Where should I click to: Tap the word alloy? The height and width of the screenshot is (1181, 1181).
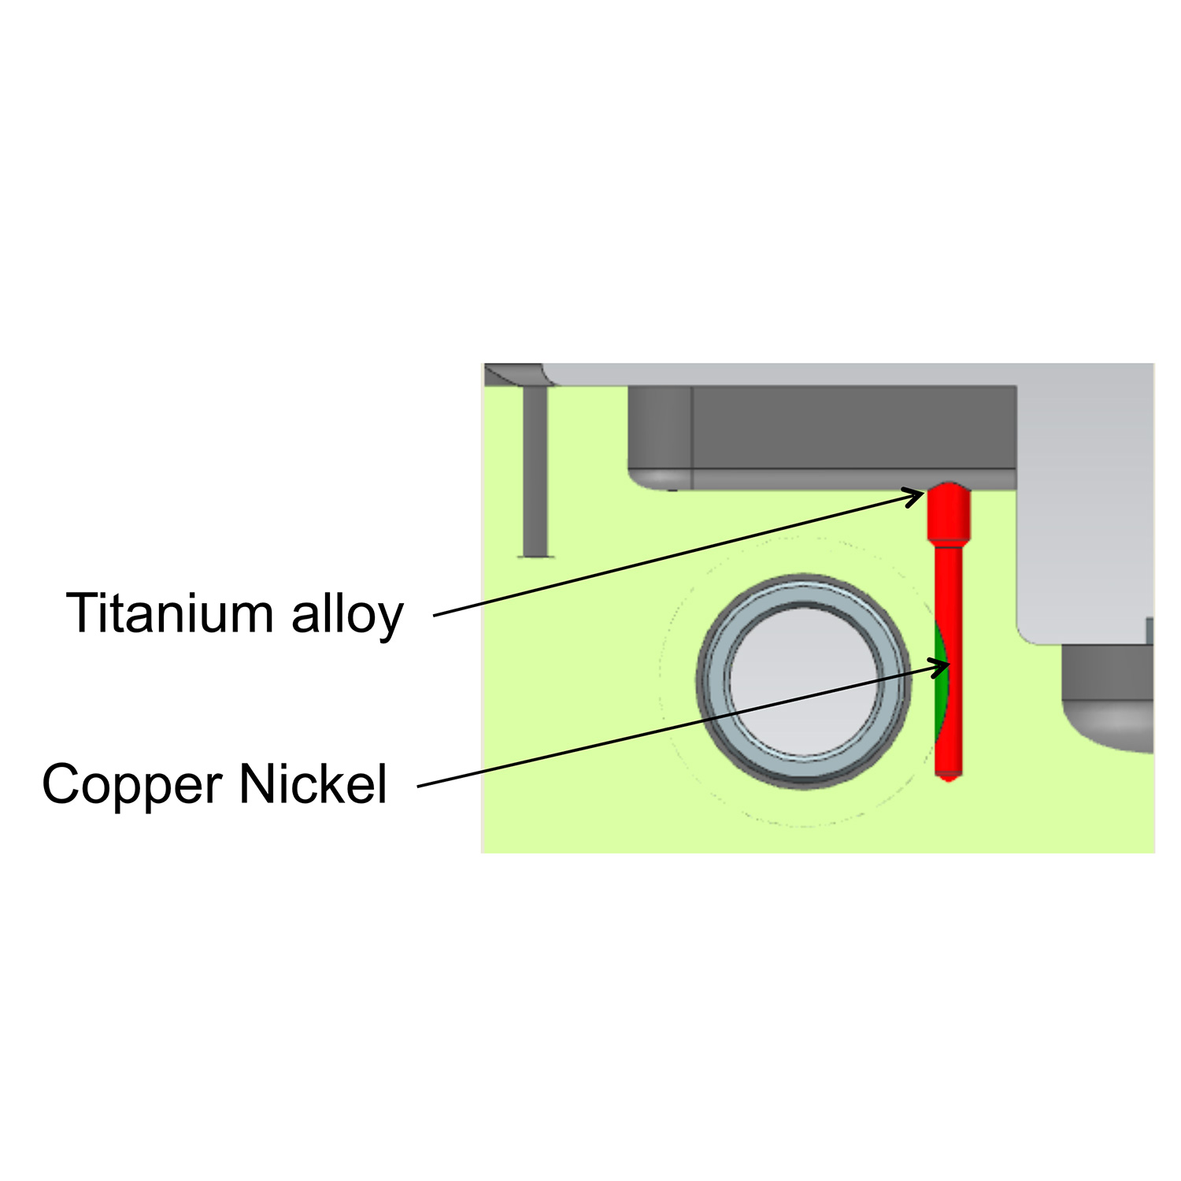point(347,615)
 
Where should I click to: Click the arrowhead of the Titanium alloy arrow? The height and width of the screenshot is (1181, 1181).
point(918,495)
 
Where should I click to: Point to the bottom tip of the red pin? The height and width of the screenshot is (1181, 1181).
point(949,777)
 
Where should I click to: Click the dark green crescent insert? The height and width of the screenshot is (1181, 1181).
point(939,685)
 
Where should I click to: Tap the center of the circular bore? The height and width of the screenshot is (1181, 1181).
point(804,682)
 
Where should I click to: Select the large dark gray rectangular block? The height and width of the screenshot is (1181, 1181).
point(850,429)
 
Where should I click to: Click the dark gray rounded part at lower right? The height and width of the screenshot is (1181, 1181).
point(1106,693)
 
